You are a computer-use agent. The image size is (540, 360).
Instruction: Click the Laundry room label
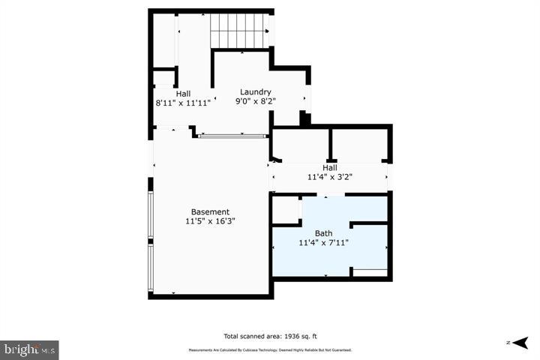click(x=255, y=91)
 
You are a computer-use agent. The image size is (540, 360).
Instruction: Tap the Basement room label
click(x=210, y=212)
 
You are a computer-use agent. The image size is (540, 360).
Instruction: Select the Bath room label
click(x=323, y=233)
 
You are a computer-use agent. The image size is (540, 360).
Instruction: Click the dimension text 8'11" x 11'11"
click(x=183, y=102)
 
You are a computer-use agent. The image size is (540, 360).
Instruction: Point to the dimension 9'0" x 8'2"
click(x=255, y=100)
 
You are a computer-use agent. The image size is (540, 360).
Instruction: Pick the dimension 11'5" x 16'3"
click(x=210, y=221)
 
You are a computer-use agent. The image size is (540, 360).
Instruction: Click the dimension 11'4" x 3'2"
click(x=330, y=177)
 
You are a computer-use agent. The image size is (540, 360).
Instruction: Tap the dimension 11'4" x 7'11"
click(x=323, y=242)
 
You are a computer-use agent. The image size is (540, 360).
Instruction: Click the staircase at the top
click(x=239, y=30)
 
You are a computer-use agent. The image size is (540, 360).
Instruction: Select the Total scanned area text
click(x=275, y=337)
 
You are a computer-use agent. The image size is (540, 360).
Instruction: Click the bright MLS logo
click(x=29, y=349)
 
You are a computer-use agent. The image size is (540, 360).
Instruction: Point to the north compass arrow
click(x=517, y=343)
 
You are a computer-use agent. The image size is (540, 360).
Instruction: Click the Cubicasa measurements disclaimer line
click(x=269, y=350)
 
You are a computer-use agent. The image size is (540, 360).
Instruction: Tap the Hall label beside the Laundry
click(x=183, y=93)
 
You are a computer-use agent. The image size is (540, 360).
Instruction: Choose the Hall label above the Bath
click(x=330, y=168)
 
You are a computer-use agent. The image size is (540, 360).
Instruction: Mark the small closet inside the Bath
click(x=285, y=211)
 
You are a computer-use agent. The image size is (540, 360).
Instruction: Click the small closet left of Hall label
click(x=163, y=78)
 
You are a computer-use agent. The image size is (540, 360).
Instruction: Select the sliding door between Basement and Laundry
click(x=232, y=136)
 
